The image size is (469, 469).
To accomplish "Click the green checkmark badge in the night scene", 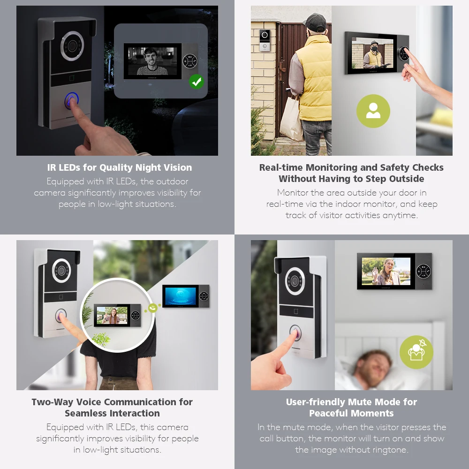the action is pos(197,81).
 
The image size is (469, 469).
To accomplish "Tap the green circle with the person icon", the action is pos(373,111).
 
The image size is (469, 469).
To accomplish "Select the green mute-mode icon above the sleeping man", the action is pos(416,352).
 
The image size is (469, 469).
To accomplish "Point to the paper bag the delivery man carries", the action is pos(291,119).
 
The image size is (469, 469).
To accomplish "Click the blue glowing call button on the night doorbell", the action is pos(71,100).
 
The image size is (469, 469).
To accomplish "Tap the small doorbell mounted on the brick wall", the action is pos(265,40).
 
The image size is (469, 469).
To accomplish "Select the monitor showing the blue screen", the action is pos(186,296).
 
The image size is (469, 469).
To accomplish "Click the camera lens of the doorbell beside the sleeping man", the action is pos(295,281).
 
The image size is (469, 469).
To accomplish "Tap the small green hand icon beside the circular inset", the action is pos(152,308).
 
